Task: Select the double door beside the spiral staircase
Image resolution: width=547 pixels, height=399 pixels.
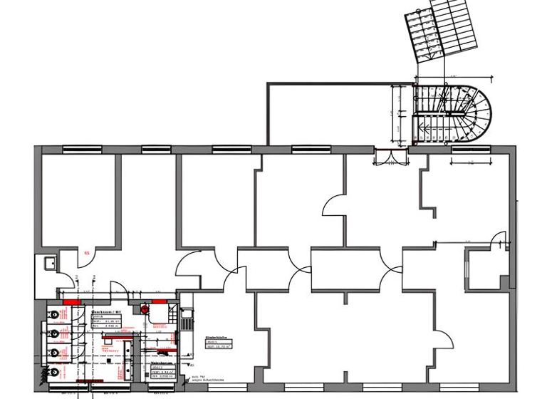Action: coord(389,156)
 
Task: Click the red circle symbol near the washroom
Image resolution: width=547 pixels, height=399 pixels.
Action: coord(145,310)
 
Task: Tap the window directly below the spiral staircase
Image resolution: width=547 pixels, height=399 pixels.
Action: coord(471,149)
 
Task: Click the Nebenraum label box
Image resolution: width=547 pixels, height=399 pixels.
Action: coord(160,368)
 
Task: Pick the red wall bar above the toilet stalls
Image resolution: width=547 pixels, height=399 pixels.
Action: coord(72,302)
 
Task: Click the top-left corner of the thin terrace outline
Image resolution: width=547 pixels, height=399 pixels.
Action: coord(268,84)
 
